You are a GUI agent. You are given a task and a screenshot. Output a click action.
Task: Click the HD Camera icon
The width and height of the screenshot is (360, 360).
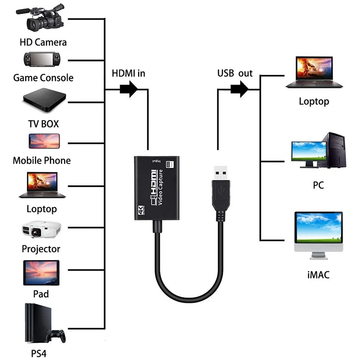tap(43, 19)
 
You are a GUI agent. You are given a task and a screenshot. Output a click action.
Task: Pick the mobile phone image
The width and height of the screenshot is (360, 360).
tap(44, 141)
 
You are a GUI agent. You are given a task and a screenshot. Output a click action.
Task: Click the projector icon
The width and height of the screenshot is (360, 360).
tap(41, 229)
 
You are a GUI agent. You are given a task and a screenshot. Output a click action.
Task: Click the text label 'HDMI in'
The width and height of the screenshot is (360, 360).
tap(128, 73)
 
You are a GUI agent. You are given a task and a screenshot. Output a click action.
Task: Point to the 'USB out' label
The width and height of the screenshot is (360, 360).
tap(235, 73)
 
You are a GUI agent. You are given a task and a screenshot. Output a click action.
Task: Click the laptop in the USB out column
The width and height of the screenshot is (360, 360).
tap(313, 72)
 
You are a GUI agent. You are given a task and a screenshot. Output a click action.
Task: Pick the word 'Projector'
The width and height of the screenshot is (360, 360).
tap(41, 249)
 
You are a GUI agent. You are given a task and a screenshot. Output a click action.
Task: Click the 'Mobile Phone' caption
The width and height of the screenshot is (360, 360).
tap(41, 160)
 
